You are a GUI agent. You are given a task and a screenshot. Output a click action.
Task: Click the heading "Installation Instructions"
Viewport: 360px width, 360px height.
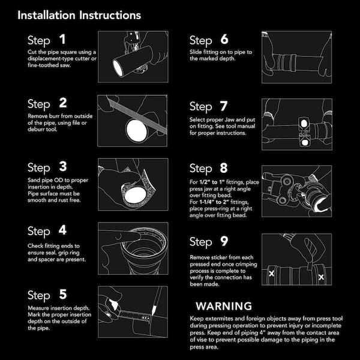[79, 16]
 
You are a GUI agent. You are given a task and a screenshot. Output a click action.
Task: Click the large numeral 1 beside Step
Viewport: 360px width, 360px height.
[62, 39]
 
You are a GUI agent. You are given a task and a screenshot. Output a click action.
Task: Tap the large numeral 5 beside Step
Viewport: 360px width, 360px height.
[63, 295]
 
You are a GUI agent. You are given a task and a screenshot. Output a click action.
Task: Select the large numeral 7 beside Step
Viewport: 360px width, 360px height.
[224, 106]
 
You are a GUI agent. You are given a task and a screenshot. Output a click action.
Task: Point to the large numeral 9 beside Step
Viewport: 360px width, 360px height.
[224, 241]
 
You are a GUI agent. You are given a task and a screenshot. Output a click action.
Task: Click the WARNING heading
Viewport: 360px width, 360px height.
[224, 306]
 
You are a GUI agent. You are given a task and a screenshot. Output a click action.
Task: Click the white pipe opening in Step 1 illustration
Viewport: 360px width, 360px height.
[118, 68]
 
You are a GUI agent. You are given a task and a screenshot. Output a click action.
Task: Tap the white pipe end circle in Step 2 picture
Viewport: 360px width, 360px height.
[137, 130]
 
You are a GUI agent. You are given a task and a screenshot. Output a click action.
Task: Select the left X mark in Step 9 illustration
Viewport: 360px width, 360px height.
[271, 274]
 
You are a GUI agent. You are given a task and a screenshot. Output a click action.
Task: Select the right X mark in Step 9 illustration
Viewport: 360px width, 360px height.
[321, 277]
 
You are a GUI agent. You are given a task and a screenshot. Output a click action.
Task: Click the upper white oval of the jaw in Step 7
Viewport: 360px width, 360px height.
[304, 123]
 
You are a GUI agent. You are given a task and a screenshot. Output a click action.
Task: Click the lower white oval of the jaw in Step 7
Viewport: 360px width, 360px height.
[305, 143]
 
